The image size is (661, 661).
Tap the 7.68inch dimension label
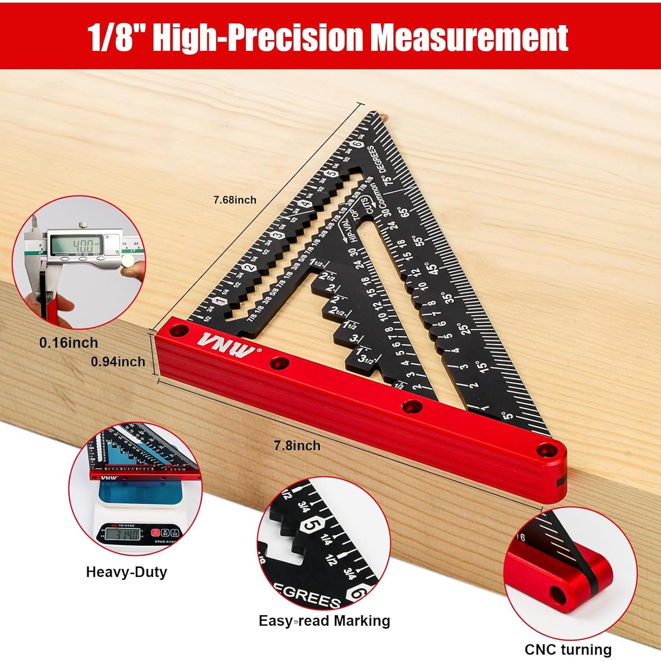pyautogui.click(x=235, y=200)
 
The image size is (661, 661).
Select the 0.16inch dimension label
pyautogui.click(x=68, y=343)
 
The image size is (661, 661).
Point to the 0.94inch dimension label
pyautogui.click(x=118, y=362)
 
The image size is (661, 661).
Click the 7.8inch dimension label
pyautogui.click(x=297, y=446)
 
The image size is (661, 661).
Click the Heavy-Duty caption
pyautogui.click(x=126, y=572)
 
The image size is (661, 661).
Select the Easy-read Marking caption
pyautogui.click(x=324, y=621)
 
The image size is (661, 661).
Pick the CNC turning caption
pyautogui.click(x=568, y=650)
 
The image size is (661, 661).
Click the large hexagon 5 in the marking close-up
pyautogui.click(x=313, y=526)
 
